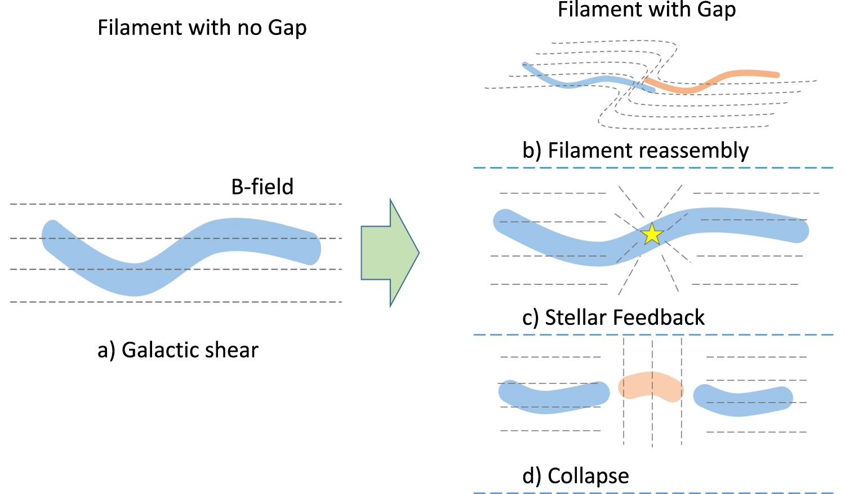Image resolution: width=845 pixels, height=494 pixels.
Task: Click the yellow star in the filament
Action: (x=652, y=233)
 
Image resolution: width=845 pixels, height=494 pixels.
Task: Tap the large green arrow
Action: (x=389, y=253)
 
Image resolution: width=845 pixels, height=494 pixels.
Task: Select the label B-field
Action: (x=262, y=187)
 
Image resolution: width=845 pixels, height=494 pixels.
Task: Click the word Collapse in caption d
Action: (x=588, y=476)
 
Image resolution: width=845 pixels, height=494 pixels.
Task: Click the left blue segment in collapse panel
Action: (x=552, y=397)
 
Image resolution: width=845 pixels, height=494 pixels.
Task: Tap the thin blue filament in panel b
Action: (x=580, y=83)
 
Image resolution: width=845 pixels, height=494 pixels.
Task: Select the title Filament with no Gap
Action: (x=202, y=28)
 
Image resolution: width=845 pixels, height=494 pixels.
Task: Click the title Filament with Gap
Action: (x=646, y=10)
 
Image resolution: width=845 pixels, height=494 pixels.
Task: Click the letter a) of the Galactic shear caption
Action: (x=106, y=350)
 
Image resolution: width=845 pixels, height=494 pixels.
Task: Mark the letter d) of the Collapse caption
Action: (x=531, y=476)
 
